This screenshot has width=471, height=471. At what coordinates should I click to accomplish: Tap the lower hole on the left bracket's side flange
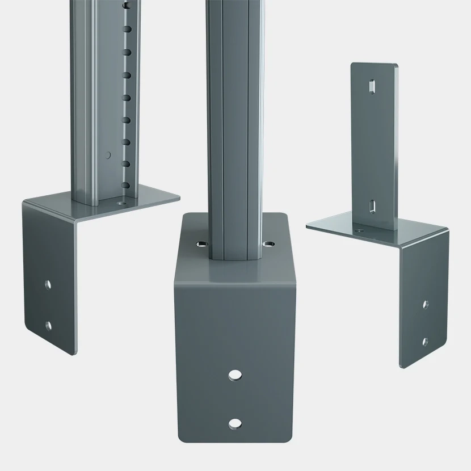click(49, 325)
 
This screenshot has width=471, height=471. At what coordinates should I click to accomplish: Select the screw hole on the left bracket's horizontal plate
click(120, 201)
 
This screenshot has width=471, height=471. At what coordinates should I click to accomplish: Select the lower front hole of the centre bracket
click(234, 423)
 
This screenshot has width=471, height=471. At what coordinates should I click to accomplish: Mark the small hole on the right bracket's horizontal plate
click(359, 230)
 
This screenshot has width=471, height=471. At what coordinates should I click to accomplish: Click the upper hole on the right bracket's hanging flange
click(426, 304)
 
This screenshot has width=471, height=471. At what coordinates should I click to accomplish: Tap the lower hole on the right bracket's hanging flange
click(425, 341)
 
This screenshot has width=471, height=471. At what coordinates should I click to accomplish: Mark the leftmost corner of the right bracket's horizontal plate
click(307, 227)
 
